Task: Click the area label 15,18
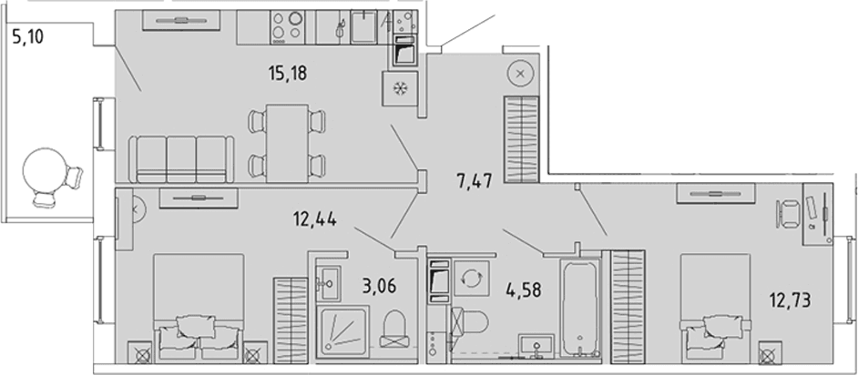288,73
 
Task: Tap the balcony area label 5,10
26,37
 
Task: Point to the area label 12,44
314,220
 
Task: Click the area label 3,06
378,285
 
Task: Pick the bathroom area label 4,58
523,289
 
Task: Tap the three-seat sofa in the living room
181,159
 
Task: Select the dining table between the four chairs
287,143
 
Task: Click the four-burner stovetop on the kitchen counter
288,27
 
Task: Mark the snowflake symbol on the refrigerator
401,88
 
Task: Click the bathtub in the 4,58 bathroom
579,309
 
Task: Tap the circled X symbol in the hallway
520,72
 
